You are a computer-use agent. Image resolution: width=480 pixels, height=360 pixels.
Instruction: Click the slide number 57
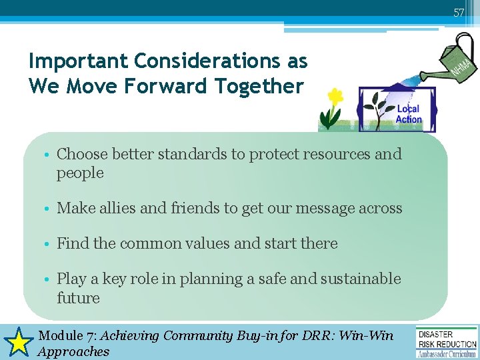pos(459,13)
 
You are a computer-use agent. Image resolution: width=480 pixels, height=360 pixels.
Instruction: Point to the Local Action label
pos(408,114)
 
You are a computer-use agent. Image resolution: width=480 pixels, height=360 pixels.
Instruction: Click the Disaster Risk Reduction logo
pos(447,342)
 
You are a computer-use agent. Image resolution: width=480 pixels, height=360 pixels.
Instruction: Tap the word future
pos(78,298)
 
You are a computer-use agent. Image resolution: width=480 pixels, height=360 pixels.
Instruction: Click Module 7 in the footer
pos(69,335)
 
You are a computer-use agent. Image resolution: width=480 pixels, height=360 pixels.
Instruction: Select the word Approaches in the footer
pos(73,351)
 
